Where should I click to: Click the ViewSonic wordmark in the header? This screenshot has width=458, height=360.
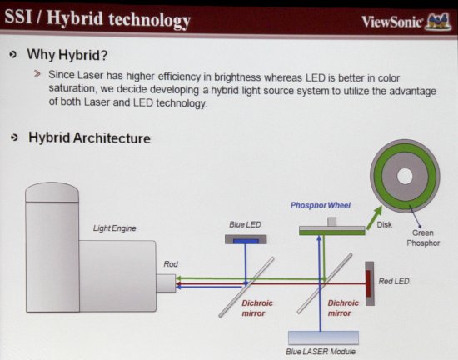[391, 22]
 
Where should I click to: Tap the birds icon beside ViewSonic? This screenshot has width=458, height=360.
[438, 21]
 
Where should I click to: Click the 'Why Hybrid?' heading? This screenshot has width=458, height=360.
[67, 55]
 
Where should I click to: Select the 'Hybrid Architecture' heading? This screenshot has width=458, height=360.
[89, 137]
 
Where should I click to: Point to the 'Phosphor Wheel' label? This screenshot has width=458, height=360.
[321, 205]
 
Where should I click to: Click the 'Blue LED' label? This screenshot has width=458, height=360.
[245, 224]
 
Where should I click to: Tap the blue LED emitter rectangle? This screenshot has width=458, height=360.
[246, 241]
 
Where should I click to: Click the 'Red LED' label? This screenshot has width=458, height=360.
[394, 281]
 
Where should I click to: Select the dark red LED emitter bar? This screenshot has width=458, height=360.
[368, 283]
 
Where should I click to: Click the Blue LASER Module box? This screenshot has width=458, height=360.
[323, 337]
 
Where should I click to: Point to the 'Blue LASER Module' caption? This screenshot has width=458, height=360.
[321, 351]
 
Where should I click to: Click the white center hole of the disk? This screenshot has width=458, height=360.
[405, 176]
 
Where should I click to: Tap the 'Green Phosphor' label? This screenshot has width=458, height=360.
[423, 237]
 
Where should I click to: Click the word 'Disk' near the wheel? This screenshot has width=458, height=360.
[384, 224]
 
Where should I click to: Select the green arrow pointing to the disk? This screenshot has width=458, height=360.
[374, 217]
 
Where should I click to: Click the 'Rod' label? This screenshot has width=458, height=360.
[171, 264]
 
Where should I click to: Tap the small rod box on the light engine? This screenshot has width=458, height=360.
[166, 282]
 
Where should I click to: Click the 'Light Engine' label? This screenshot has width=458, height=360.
[115, 228]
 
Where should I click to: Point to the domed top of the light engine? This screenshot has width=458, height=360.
[52, 192]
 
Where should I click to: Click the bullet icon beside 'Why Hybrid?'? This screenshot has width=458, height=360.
[12, 55]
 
